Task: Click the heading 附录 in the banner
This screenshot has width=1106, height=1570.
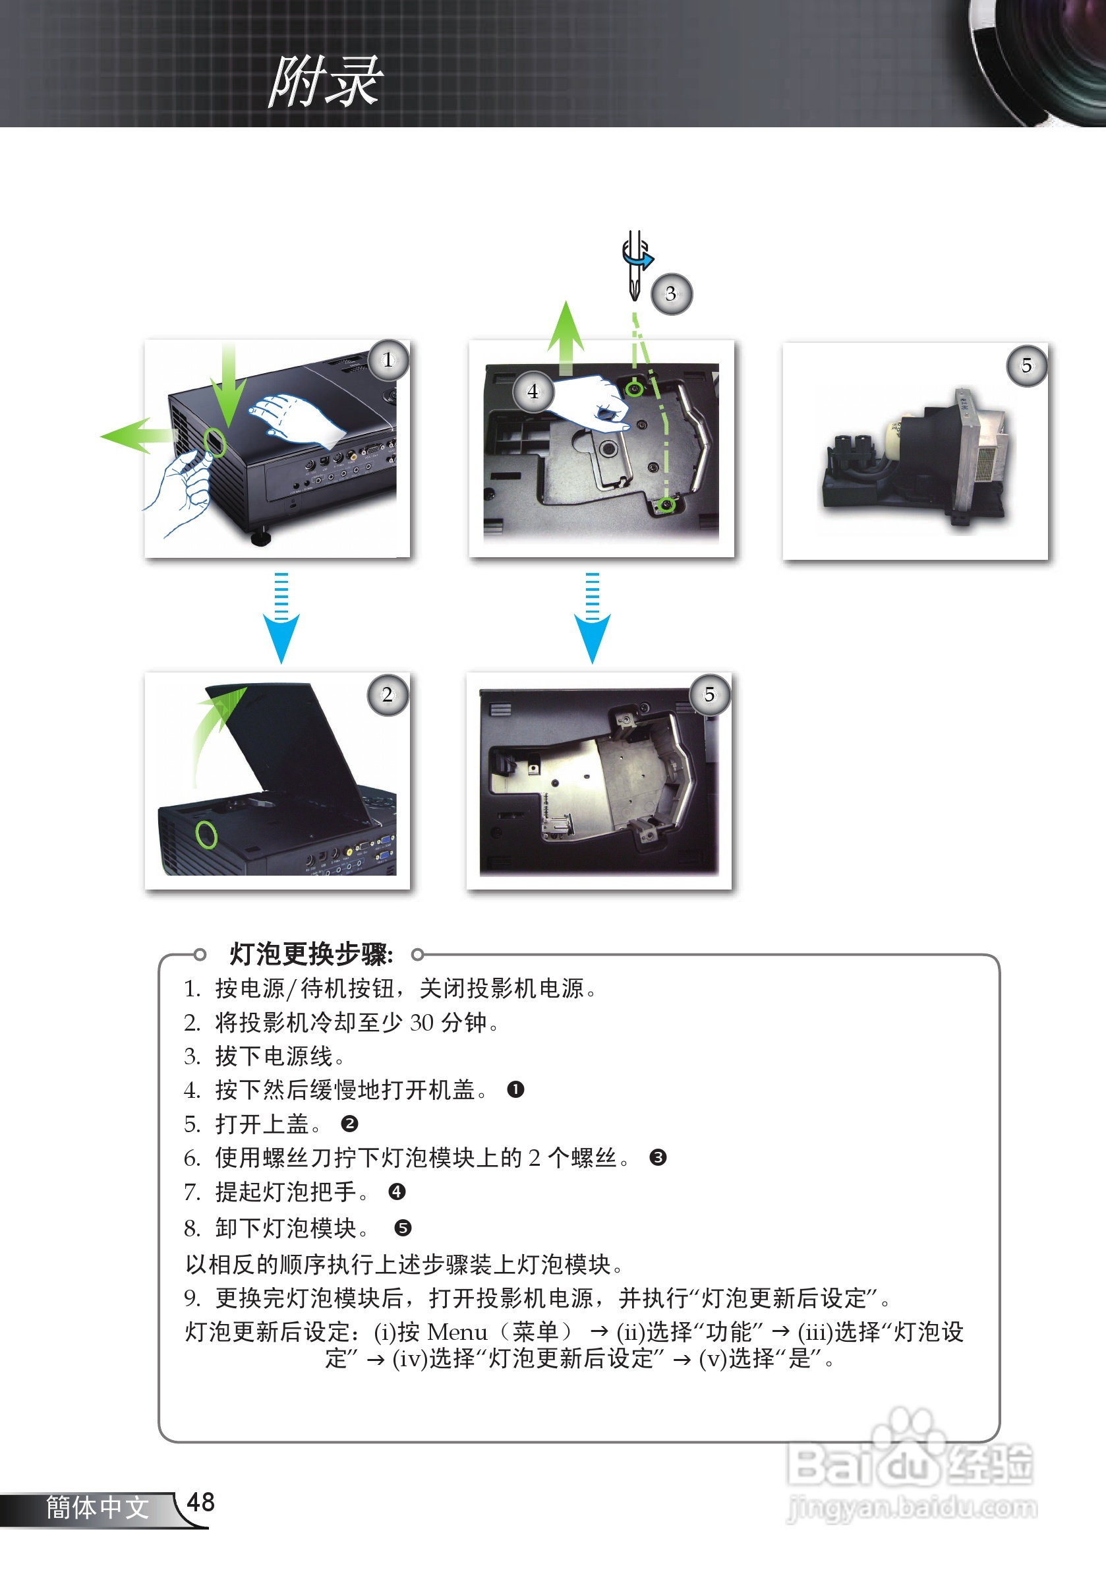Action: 326,82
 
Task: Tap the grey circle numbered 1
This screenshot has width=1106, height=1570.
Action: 388,359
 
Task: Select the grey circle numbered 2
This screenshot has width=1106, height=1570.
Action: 388,695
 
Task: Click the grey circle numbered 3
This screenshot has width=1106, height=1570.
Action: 671,294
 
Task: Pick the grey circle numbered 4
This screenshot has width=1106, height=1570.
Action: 533,392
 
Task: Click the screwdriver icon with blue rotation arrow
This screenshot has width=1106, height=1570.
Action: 637,265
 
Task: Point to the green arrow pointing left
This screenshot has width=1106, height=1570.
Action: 136,436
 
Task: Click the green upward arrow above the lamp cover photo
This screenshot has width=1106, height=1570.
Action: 566,338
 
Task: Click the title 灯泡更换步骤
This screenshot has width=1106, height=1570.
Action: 312,954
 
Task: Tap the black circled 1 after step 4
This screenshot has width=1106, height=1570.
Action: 515,1089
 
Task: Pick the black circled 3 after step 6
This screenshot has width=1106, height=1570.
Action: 658,1158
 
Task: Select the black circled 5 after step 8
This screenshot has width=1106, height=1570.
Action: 403,1228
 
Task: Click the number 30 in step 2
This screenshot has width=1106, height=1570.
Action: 422,1022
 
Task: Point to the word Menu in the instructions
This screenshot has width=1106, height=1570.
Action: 457,1332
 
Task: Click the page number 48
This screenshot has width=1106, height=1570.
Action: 201,1502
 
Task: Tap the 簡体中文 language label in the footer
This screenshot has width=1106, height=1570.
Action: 98,1508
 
